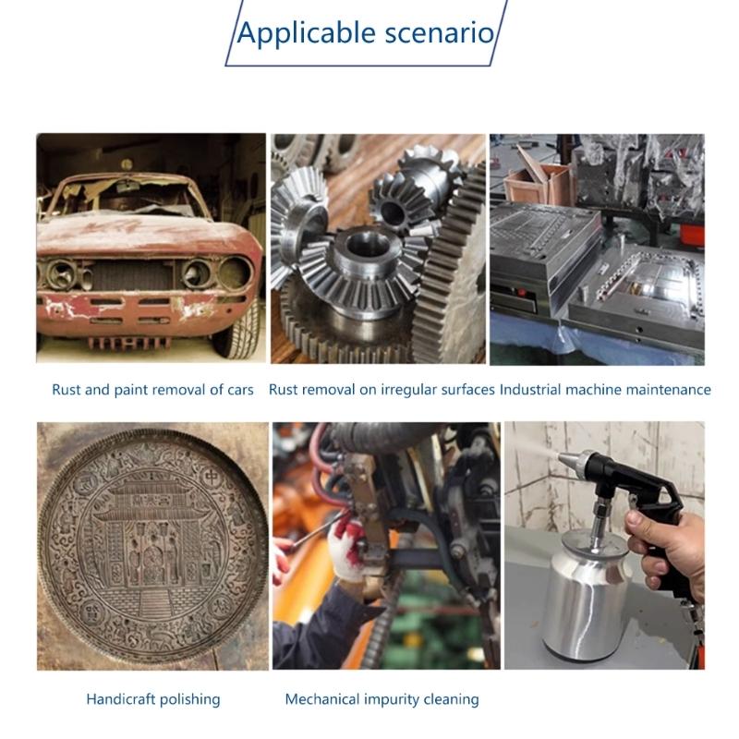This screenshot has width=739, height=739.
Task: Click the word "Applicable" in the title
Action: click(x=306, y=34)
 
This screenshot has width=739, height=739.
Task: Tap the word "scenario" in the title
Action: click(x=439, y=33)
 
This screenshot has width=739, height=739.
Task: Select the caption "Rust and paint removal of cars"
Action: click(x=152, y=390)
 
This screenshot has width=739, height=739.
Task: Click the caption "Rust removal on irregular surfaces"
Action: click(x=382, y=390)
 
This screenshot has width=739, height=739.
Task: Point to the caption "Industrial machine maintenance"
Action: click(x=605, y=390)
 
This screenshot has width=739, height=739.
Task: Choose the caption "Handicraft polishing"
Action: click(x=153, y=699)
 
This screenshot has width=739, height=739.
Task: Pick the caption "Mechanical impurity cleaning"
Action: click(x=382, y=699)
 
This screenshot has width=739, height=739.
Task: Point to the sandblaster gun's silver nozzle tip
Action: click(x=569, y=458)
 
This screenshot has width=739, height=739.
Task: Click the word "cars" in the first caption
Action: click(x=240, y=390)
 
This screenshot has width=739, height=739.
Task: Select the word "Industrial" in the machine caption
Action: click(x=529, y=390)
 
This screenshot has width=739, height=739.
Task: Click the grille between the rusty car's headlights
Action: click(x=131, y=274)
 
